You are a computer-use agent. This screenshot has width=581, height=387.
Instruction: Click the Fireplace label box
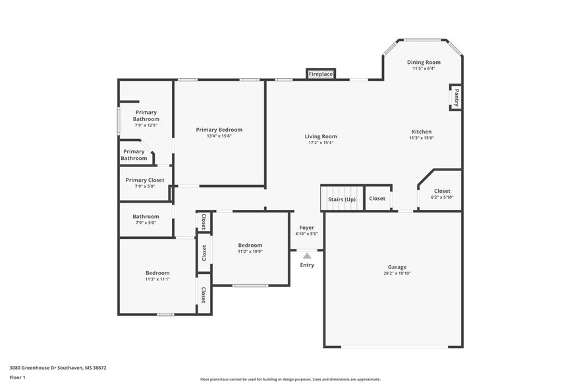point(321,74)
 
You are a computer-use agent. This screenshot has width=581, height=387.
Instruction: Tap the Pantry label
point(455,97)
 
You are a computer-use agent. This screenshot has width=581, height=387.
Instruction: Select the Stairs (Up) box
point(342,199)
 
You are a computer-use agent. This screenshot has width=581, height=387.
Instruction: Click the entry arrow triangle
point(307,256)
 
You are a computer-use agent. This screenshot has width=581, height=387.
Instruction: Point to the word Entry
point(307,265)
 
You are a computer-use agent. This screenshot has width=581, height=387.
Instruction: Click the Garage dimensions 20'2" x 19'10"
point(397,273)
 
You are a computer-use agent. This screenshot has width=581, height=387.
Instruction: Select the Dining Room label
point(424,62)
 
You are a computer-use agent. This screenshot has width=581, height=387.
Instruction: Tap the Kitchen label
point(422,132)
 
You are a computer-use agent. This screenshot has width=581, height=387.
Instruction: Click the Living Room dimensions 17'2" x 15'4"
point(321,143)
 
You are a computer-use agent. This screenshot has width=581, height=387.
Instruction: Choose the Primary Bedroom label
point(219,130)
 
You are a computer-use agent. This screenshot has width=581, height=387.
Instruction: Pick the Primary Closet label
point(145,180)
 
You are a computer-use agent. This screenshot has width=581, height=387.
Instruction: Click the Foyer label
point(307,227)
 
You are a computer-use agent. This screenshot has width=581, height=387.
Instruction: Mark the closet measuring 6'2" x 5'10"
point(442,194)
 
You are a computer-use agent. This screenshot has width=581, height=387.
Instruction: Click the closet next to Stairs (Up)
point(377,199)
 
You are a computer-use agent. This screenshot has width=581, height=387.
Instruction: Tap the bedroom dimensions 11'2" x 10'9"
point(250,251)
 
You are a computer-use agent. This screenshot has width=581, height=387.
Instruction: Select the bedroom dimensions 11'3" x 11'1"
point(157,279)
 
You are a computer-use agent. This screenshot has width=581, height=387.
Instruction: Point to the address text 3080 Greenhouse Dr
point(58,368)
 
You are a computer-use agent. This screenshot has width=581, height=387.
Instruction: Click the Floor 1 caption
point(18,378)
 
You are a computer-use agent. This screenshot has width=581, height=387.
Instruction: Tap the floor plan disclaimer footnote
point(290,380)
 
